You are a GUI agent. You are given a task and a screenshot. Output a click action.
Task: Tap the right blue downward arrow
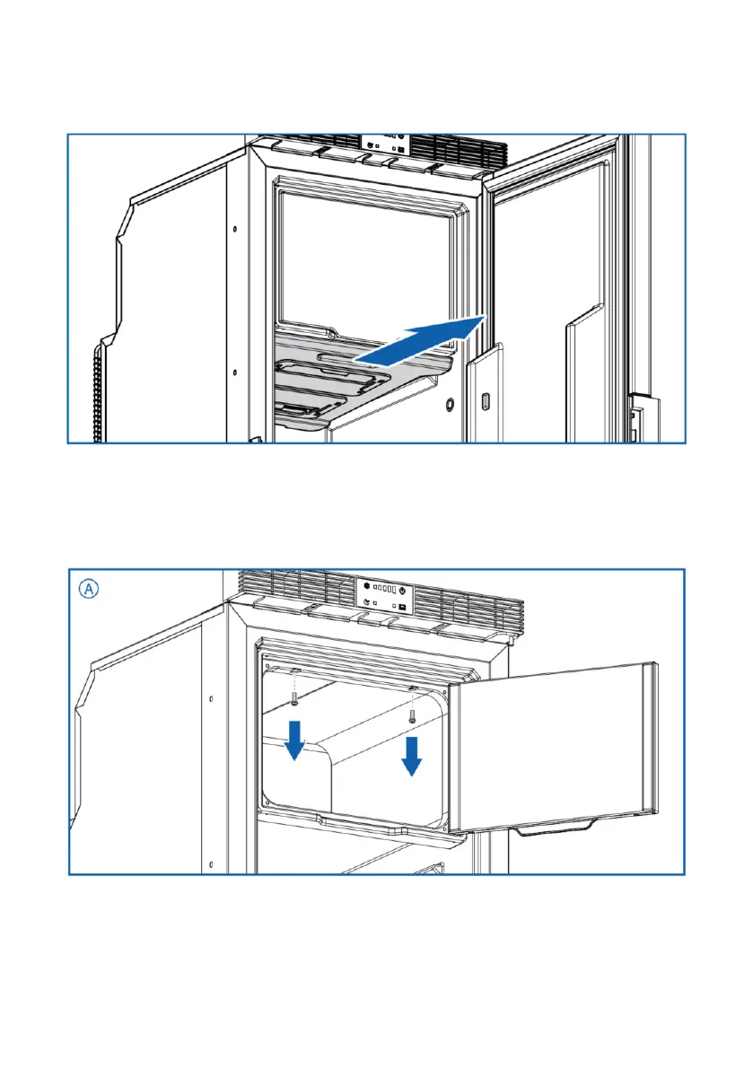(x=411, y=754)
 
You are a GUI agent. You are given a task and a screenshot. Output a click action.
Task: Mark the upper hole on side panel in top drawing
(x=234, y=230)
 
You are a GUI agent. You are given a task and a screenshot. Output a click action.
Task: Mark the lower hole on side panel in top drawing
(x=234, y=372)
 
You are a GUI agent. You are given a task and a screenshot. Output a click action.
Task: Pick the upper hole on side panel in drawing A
(x=210, y=697)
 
